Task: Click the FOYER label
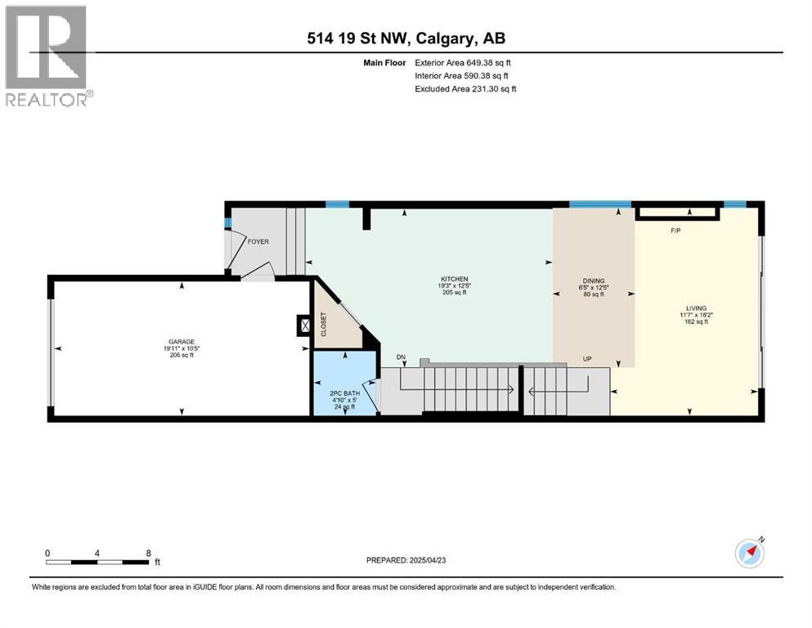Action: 258,242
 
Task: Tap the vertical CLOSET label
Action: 323,325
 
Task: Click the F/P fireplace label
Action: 675,231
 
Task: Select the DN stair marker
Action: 401,357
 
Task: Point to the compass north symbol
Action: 750,553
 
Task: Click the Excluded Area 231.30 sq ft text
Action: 465,88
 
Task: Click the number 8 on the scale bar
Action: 148,554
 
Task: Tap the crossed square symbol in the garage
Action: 306,326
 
